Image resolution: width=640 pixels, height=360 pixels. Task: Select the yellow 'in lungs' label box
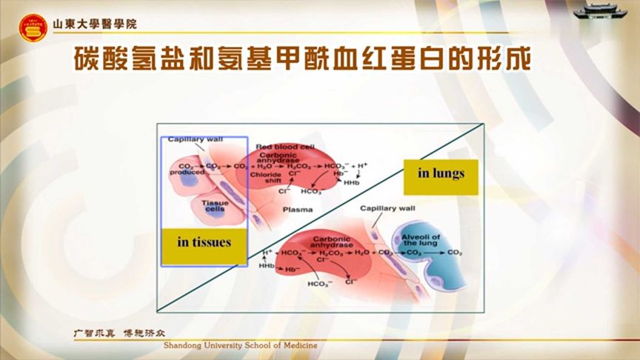click(x=441, y=174)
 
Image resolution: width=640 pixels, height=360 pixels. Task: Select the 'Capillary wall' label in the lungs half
click(x=387, y=209)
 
